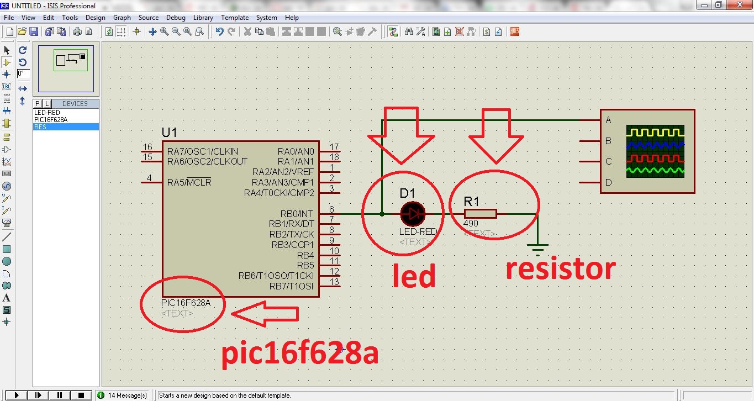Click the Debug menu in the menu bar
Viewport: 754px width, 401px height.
[x=176, y=18]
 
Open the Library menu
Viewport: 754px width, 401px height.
[x=203, y=18]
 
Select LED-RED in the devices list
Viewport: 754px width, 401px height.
[x=47, y=113]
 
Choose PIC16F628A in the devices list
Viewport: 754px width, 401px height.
[x=51, y=120]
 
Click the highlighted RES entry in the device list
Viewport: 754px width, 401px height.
[x=40, y=127]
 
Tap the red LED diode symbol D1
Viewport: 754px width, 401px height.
[x=413, y=213]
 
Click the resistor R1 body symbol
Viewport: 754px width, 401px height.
[x=480, y=214]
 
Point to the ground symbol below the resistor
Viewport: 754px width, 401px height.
[x=537, y=247]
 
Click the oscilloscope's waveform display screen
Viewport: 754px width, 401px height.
[x=655, y=151]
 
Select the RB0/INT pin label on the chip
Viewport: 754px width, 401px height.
[x=297, y=214]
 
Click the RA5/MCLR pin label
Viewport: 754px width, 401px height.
[x=189, y=182]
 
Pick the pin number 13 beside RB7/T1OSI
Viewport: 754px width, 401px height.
[x=334, y=282]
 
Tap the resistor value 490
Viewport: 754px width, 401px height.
[x=471, y=224]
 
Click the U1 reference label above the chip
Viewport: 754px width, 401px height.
[x=170, y=133]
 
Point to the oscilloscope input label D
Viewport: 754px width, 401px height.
[x=608, y=182]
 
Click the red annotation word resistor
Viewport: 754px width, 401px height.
[x=560, y=269]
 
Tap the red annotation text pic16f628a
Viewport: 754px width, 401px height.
[x=300, y=353]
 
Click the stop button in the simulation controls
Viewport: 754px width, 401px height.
[x=81, y=395]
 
